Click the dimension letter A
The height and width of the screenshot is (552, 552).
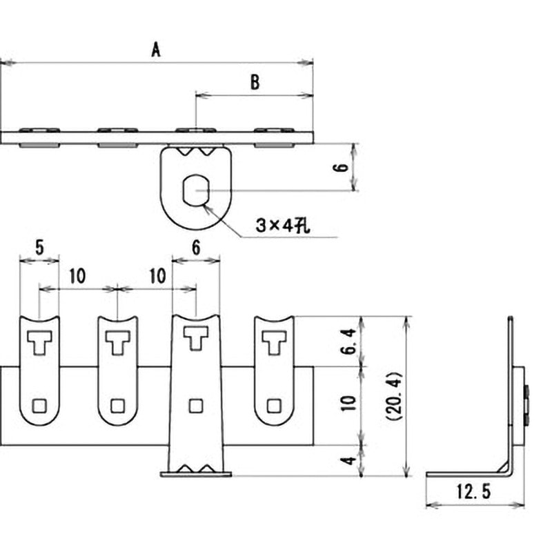tap(156, 50)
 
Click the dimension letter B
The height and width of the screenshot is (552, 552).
tap(255, 82)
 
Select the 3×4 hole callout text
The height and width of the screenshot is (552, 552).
tap(283, 226)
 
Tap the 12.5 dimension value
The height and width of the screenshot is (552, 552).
tap(473, 491)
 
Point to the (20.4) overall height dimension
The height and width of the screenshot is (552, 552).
tap(394, 396)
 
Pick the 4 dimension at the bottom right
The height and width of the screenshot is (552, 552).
tap(349, 460)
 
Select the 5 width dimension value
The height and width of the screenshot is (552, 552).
tap(39, 247)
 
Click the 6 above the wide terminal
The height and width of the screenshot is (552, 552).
tap(196, 247)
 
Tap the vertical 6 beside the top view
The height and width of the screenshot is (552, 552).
tap(340, 167)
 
